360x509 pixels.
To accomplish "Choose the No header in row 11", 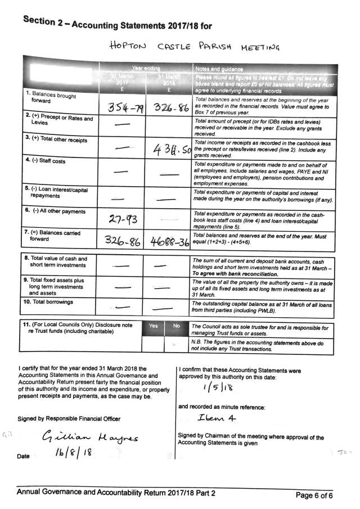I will pyautogui.click(x=177, y=326).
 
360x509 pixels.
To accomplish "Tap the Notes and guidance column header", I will pyautogui.click(x=216, y=68).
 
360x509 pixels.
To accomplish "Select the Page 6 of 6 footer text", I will pyautogui.click(x=319, y=495).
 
